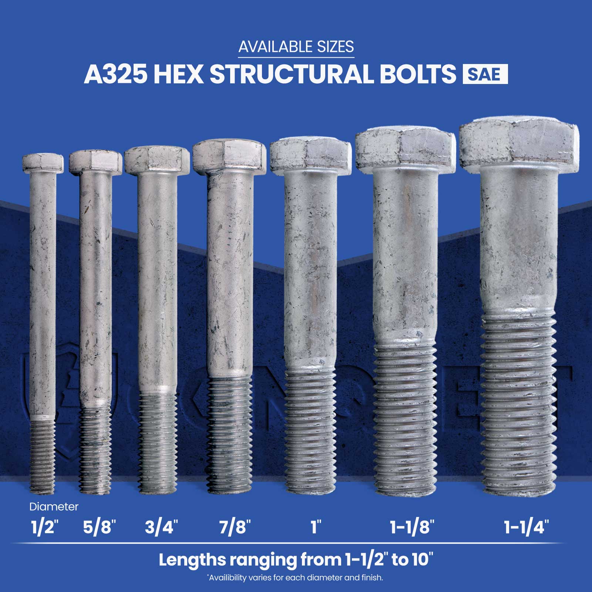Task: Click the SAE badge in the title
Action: point(485,74)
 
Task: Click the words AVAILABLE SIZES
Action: point(296,47)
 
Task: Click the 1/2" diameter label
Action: point(45,527)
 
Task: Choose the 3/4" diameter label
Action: point(162,527)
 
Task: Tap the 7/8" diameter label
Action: point(235,527)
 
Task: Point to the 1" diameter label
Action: point(315,527)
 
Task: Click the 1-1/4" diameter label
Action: point(526,527)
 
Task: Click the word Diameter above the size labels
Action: point(54,507)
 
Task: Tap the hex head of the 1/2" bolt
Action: point(43,163)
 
